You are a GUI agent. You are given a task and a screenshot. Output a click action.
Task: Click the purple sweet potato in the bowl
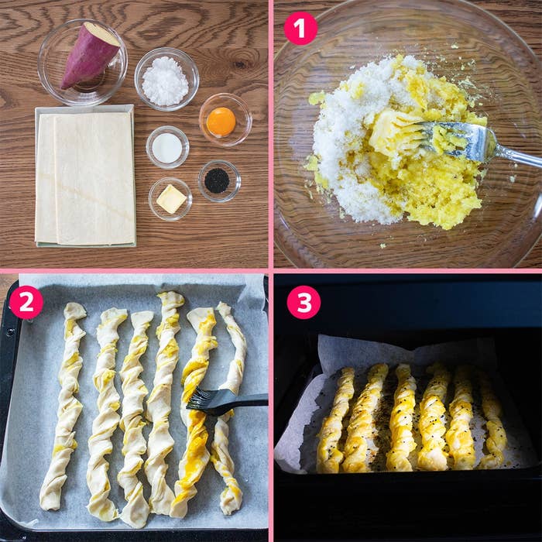pyautogui.click(x=89, y=55)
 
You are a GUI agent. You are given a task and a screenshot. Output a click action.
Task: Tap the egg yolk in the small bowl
pyautogui.click(x=221, y=122)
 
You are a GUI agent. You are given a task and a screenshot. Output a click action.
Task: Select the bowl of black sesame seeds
pyautogui.click(x=219, y=180)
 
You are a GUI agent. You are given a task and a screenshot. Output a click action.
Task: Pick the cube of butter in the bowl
pyautogui.click(x=171, y=199)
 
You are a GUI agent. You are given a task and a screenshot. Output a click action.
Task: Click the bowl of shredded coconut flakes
pyautogui.click(x=166, y=79)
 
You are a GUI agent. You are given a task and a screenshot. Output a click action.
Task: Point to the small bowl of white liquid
pyautogui.click(x=167, y=147)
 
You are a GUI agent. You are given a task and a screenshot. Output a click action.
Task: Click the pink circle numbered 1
pyautogui.click(x=300, y=29)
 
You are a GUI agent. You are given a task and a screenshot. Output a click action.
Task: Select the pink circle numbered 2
pyautogui.click(x=26, y=303)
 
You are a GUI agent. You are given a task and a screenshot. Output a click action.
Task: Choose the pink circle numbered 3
pyautogui.click(x=304, y=303)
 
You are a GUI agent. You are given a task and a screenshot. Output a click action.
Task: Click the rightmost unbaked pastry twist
pyautogui.click(x=228, y=408)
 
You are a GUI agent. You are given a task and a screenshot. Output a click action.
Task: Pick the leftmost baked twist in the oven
pyautogui.click(x=334, y=420)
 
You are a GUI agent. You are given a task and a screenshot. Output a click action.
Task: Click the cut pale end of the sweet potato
pyautogui.click(x=102, y=34)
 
